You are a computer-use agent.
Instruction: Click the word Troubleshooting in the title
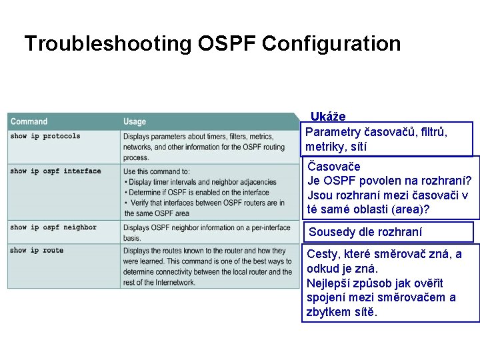coord(107,44)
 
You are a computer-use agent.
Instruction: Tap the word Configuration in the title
coord(331,44)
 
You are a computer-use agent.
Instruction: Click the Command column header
coord(29,121)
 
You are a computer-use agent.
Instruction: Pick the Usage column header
coord(135,121)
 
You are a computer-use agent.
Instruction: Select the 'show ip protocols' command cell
coord(45,136)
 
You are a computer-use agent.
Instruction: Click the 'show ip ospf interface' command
coord(55,171)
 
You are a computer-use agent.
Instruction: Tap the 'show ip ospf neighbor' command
coord(53,227)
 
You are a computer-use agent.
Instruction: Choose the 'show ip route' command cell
coord(37,251)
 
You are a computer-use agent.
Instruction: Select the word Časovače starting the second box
coord(334,167)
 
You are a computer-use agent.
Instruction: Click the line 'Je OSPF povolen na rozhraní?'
coord(389,181)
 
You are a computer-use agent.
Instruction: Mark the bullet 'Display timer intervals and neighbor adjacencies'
coord(200,182)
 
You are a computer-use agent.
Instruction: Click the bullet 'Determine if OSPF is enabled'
coord(197,193)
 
